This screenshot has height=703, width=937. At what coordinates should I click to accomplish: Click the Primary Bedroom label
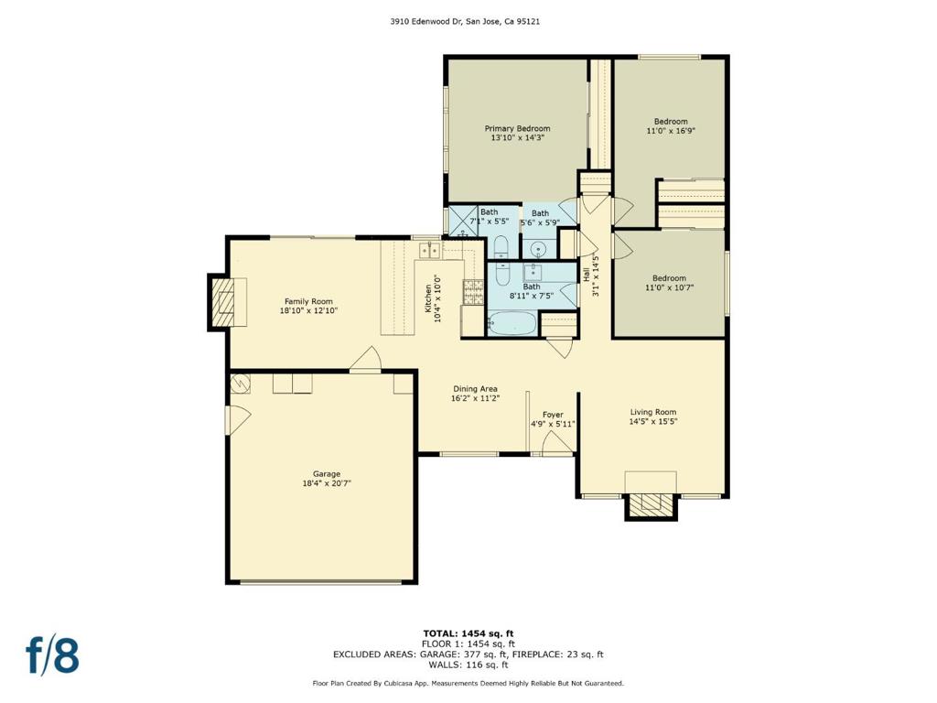pyautogui.click(x=517, y=128)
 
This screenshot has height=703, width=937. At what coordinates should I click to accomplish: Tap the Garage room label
pyautogui.click(x=327, y=474)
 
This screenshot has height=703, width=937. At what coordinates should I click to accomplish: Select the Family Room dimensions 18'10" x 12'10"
pyautogui.click(x=308, y=311)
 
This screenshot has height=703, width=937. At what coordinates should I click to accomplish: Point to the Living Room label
pyautogui.click(x=653, y=412)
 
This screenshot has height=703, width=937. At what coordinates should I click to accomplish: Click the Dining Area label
pyautogui.click(x=475, y=388)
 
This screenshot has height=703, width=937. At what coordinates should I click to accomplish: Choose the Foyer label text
pyautogui.click(x=553, y=415)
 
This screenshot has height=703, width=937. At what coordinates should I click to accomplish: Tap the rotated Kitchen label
pyautogui.click(x=428, y=298)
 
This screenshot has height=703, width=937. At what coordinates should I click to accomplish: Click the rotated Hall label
pyautogui.click(x=587, y=275)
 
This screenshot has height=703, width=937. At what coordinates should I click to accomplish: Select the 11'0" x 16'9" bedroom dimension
pyautogui.click(x=671, y=130)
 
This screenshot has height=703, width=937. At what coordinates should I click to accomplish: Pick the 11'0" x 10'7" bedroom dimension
pyautogui.click(x=669, y=287)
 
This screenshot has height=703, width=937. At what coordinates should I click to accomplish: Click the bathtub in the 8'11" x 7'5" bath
pyautogui.click(x=512, y=324)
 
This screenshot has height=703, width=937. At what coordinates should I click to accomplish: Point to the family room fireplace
pyautogui.click(x=227, y=302)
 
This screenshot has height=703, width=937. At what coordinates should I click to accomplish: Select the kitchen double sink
pyautogui.click(x=429, y=250)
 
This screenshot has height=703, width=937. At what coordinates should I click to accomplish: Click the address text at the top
pyautogui.click(x=466, y=22)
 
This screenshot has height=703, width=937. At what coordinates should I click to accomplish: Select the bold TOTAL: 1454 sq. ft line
pyautogui.click(x=468, y=633)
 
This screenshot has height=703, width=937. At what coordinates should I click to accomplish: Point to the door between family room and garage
pyautogui.click(x=366, y=361)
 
